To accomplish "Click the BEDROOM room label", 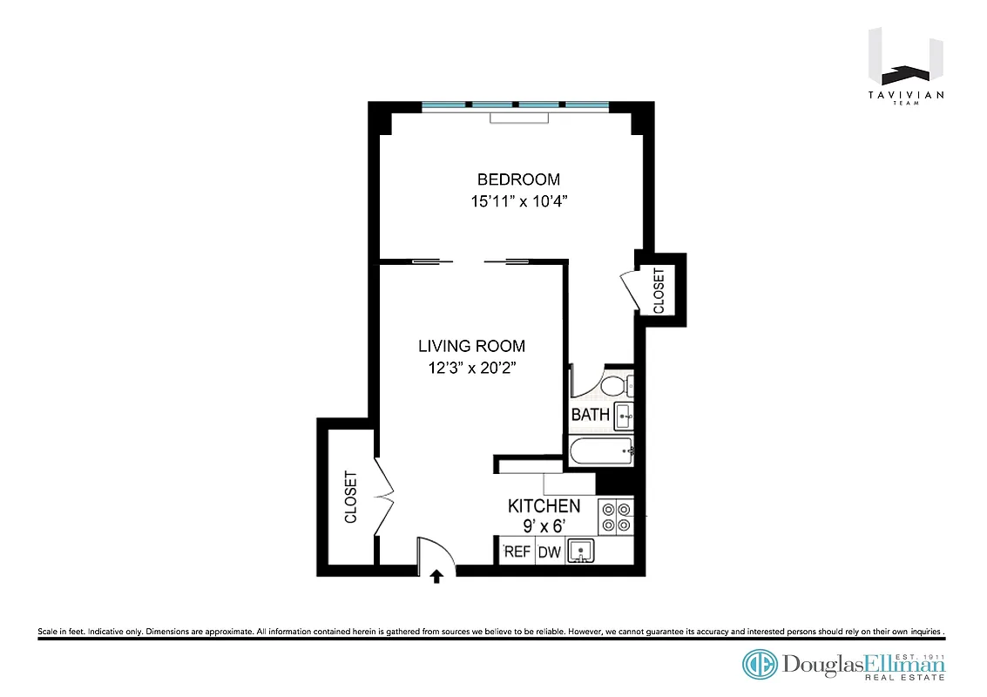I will pos(518,179).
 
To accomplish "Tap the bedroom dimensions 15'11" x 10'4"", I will pos(518,202).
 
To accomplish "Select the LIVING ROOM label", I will pos(471,346).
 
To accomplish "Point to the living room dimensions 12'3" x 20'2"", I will pos(471,368).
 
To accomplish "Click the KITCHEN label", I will pos(544,506).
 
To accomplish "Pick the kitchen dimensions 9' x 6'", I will pos(544,526).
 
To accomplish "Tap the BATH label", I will pos(590,415).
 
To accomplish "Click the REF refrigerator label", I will pos(517,552).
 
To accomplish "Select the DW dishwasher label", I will pos(549,552).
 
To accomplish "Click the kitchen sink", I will pos(581,552).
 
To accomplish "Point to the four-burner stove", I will pos(616,516).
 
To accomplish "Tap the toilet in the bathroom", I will pos(617,384).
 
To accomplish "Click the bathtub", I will pos(601,451).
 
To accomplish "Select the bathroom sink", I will pos(624,416).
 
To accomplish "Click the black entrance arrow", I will pos(437,576).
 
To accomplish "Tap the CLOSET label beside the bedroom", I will pos(659,290).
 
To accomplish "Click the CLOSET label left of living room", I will pos(351,497).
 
